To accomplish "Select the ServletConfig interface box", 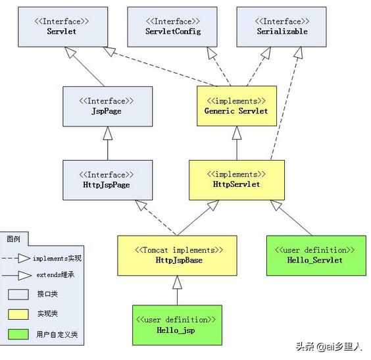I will (173, 27).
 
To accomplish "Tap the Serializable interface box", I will (282, 27).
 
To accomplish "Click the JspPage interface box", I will (106, 107).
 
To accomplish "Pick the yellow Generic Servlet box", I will (236, 107).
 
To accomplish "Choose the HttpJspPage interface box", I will (106, 180).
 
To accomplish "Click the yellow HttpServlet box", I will (236, 180).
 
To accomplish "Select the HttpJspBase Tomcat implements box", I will (177, 255).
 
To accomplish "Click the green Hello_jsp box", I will (177, 324).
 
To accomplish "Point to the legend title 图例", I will (14, 238).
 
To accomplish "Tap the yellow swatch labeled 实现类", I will (18, 314).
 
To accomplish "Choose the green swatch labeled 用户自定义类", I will (18, 334).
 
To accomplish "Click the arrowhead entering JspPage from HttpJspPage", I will (106, 133).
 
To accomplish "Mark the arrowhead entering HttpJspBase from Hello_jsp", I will (177, 282).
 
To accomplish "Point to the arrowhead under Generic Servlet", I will (236, 133).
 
